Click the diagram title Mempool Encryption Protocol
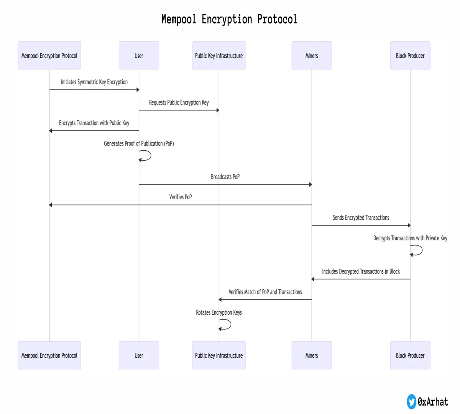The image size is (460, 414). pos(229,19)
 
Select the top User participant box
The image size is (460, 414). pos(139,56)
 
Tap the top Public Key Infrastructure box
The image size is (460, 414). pos(219,56)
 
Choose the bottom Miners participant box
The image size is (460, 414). pos(311,355)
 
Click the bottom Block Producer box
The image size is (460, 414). pos(410,355)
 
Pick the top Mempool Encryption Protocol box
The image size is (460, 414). pos(49,56)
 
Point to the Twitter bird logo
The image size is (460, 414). pos(411,402)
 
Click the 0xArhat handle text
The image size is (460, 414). pos(433,402)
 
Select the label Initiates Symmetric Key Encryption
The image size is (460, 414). pos(94,82)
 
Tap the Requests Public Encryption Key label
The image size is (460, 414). pos(179,102)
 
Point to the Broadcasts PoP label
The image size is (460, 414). pos(225,177)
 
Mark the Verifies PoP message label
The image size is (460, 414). pos(181,197)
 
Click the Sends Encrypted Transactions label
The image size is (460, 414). pos(361,218)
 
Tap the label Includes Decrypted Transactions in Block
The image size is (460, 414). pos(361,271)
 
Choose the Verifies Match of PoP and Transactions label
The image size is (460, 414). pos(265,292)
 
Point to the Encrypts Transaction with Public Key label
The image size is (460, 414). pos(94,123)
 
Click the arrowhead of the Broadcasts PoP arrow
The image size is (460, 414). pos(310,184)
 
